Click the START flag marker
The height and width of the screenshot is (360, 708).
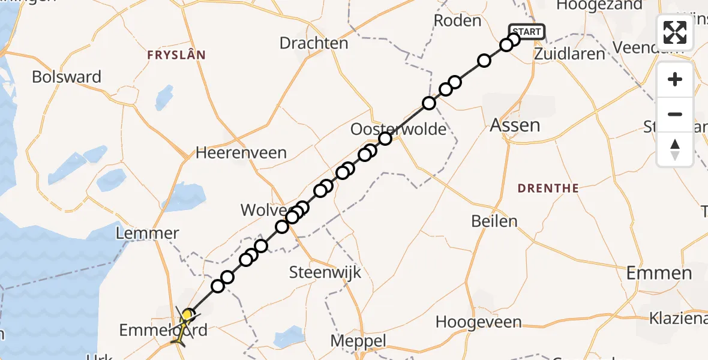tap(526, 31)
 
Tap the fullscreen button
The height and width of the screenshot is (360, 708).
tap(675, 32)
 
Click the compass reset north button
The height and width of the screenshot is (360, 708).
tap(675, 149)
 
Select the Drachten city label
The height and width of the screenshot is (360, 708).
tap(314, 43)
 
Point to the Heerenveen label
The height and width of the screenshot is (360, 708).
tap(241, 153)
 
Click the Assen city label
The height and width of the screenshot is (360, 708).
tap(515, 125)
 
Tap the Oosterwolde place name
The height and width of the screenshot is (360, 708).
tap(398, 129)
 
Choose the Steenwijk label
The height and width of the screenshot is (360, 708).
tap(325, 272)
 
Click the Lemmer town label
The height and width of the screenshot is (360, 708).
tap(148, 233)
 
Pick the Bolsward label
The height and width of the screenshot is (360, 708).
tap(67, 77)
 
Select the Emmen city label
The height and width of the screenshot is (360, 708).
tap(659, 274)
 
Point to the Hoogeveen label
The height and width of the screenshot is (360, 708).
tap(478, 322)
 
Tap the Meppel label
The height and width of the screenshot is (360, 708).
tap(359, 341)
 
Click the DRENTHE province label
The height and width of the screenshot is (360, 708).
tap(548, 188)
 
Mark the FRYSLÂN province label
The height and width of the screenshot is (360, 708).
tap(176, 55)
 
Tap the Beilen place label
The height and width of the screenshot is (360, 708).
tap(494, 221)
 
